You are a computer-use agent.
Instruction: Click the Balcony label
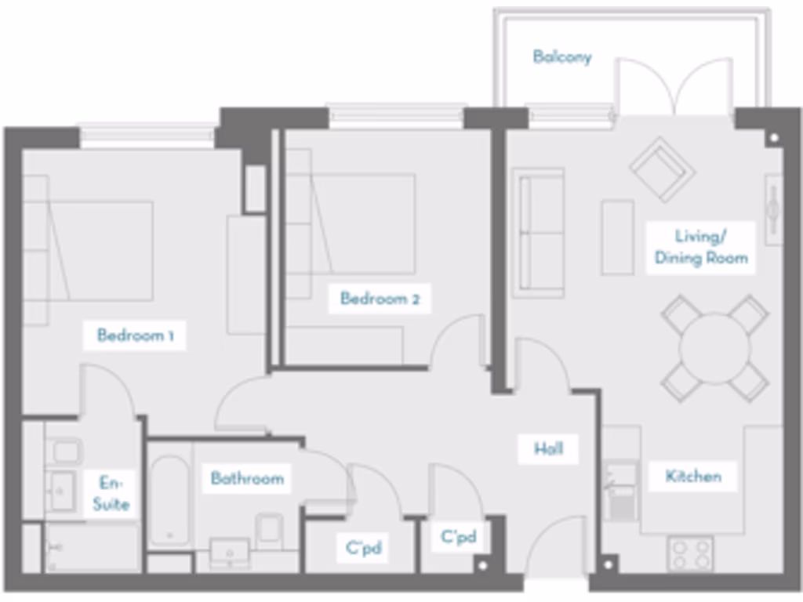point(561,56)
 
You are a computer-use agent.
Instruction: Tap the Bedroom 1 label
point(135,336)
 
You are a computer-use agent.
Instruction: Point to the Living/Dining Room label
point(700,247)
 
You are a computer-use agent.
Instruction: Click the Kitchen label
point(693,476)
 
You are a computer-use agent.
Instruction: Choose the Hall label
point(548,449)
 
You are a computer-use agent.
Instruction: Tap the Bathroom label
point(246,477)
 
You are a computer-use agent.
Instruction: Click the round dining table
point(714,348)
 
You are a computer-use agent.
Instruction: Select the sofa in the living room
point(539,233)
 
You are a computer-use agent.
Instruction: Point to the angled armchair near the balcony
point(662,169)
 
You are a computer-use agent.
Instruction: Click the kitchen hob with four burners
point(690,553)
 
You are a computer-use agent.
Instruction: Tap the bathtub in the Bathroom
point(169,501)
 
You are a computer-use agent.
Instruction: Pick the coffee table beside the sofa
point(617,237)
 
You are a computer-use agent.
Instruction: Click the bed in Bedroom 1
point(90,251)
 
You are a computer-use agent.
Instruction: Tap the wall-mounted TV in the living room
point(773,209)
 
